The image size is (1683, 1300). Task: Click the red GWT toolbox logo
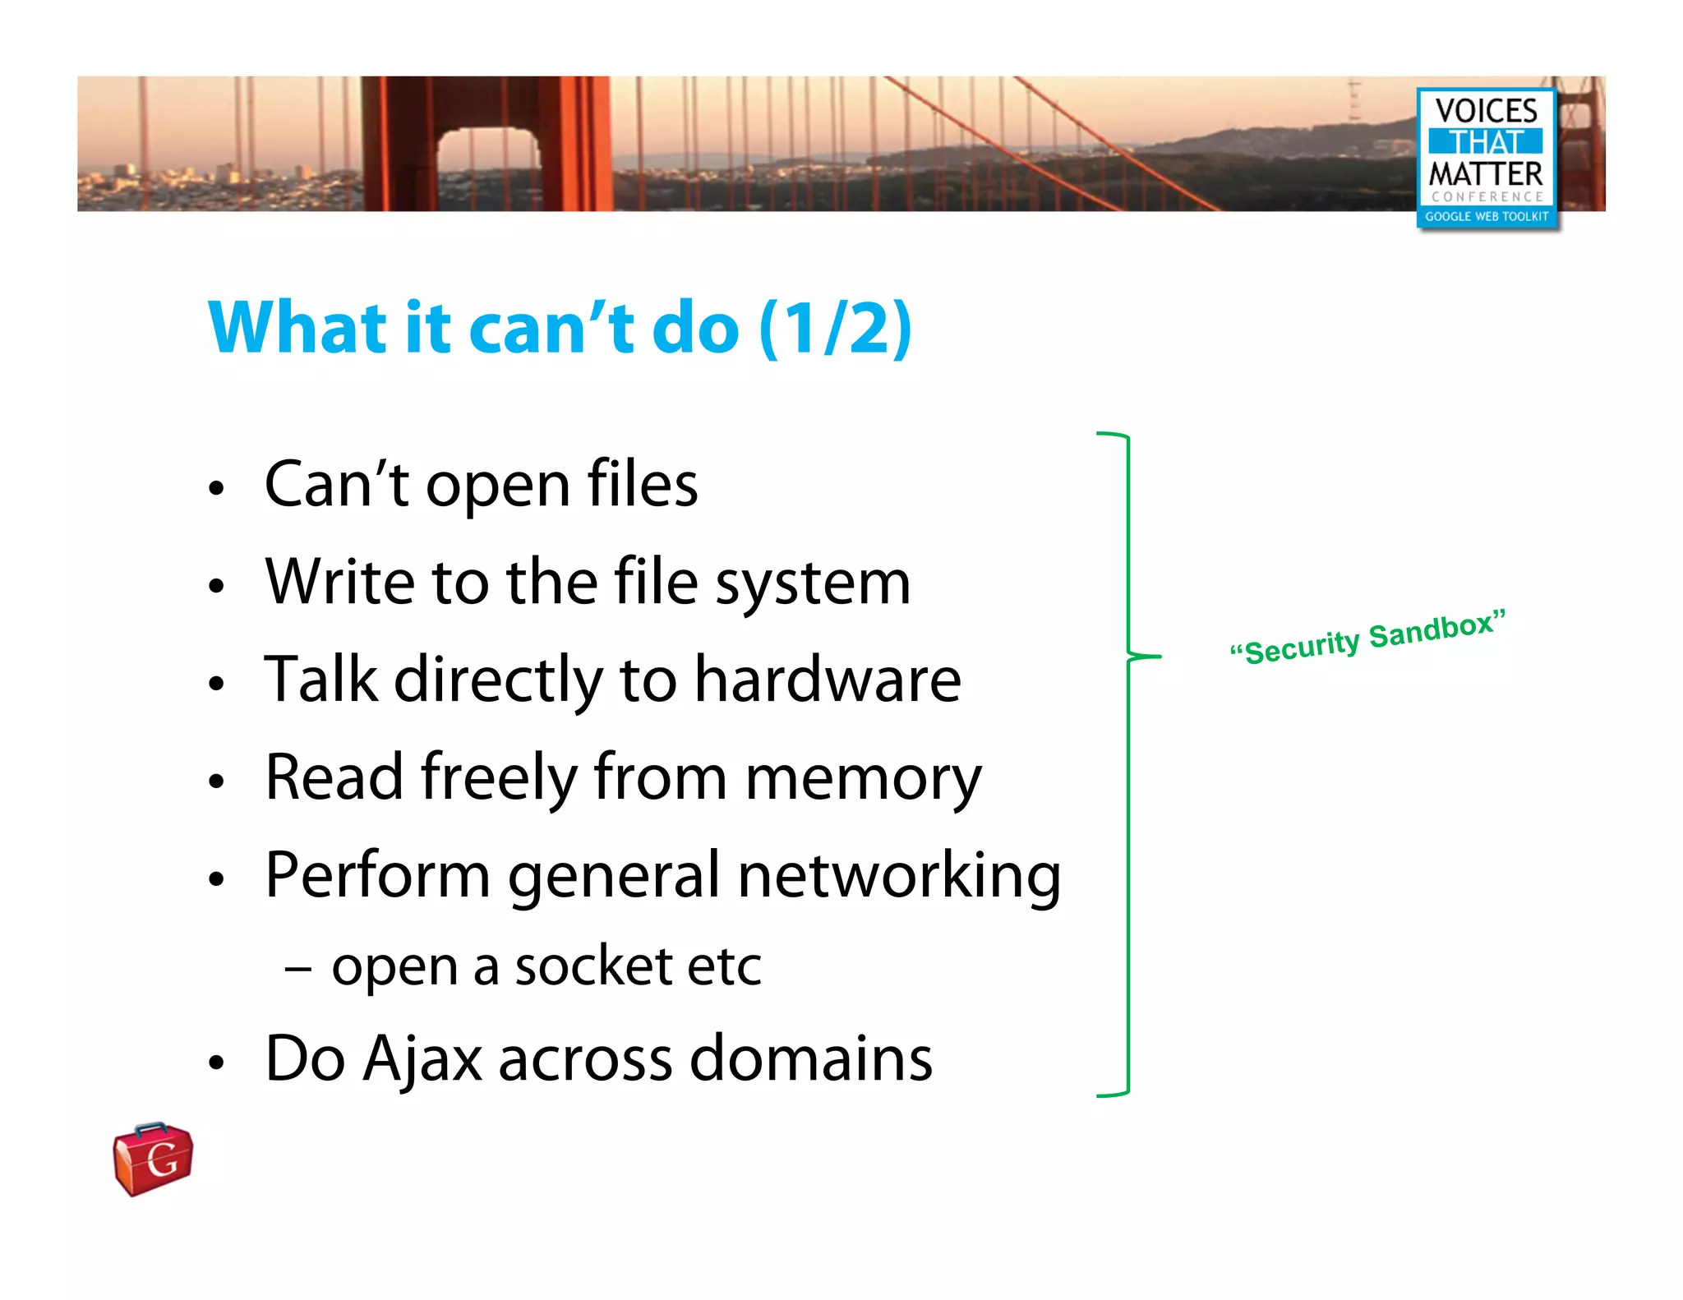[x=153, y=1159]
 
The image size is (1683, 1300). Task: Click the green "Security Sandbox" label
[x=1368, y=638]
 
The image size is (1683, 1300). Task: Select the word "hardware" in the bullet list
[x=828, y=680]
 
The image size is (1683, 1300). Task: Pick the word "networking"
[x=899, y=876]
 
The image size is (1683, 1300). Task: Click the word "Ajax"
[x=422, y=1060]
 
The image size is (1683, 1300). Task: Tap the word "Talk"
[x=320, y=680]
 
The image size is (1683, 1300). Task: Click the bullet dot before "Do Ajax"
[x=216, y=1062]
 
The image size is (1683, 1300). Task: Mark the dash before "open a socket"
[x=297, y=970]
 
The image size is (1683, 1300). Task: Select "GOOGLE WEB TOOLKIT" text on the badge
[x=1486, y=217]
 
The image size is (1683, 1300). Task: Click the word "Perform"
[x=378, y=876]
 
